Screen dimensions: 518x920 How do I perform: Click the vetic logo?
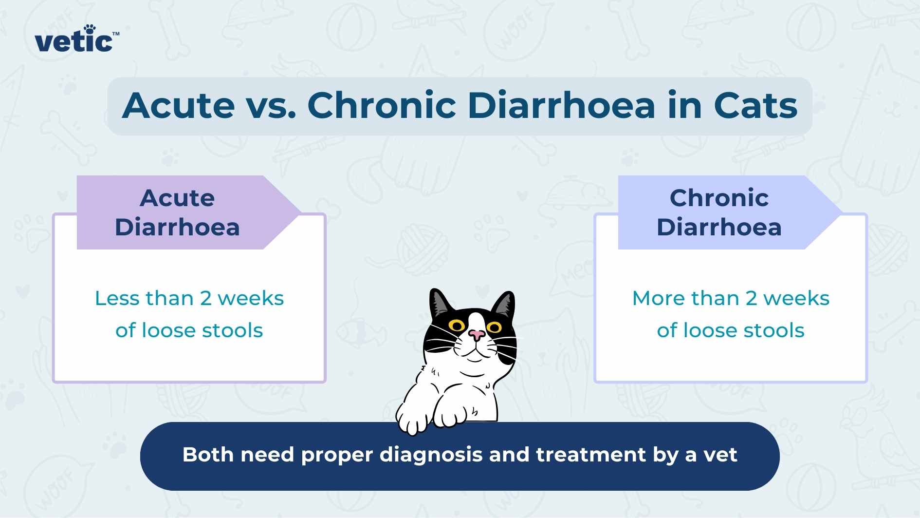[74, 41]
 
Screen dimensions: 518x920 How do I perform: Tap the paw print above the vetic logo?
[90, 29]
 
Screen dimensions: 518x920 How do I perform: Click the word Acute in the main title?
[178, 105]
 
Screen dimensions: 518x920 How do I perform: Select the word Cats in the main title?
[755, 105]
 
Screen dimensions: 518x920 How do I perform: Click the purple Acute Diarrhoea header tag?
[178, 212]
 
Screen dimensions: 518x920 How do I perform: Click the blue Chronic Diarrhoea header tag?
[719, 212]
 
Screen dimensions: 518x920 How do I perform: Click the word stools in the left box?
[232, 330]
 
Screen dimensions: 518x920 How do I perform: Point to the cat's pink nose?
[477, 335]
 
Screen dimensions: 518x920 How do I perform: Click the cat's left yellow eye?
[457, 326]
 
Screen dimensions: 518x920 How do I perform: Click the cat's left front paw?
[413, 418]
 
